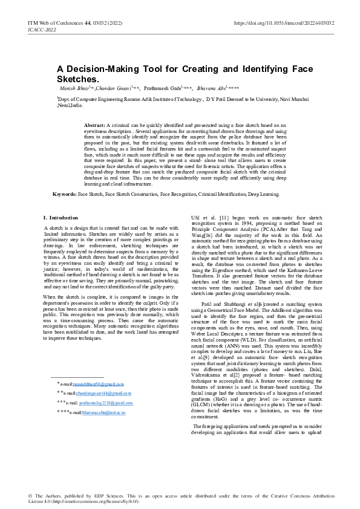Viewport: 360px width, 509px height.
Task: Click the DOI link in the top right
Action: point(284,23)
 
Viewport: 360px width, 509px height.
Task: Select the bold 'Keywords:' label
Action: point(64,195)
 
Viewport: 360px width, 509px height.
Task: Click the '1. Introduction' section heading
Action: point(61,217)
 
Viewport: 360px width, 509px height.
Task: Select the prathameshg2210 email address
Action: point(106,402)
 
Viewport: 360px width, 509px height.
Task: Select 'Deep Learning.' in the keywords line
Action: point(264,195)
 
